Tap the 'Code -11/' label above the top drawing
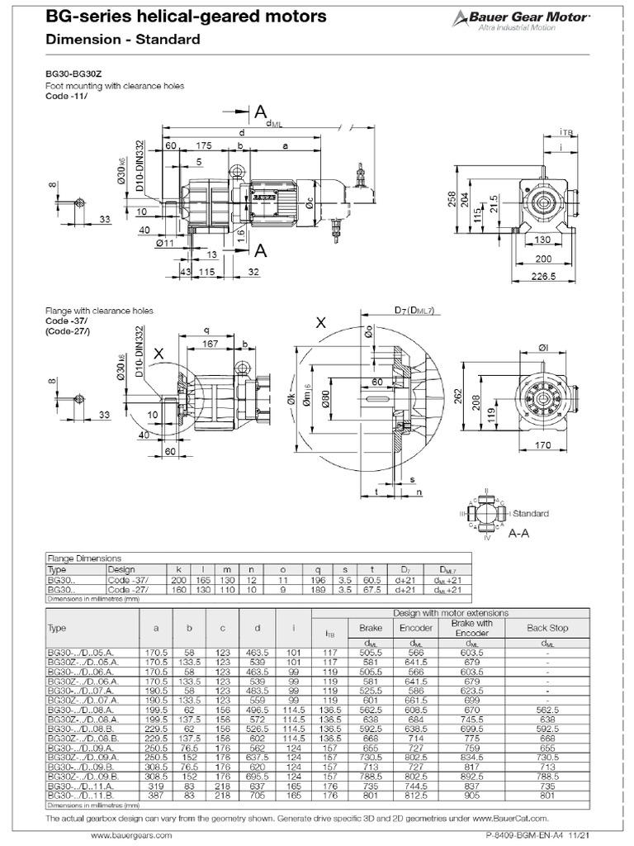(x=63, y=95)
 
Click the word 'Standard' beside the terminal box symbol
(x=531, y=513)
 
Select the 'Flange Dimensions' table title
(x=84, y=558)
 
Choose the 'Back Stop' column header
(x=547, y=628)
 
